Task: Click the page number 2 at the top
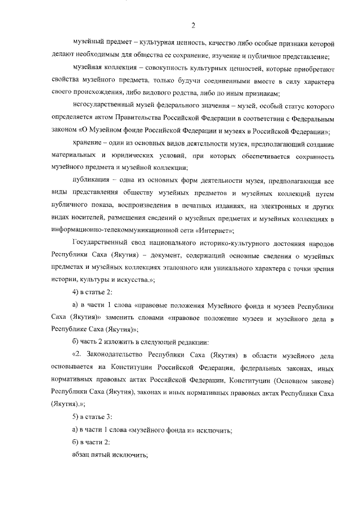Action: [192, 24]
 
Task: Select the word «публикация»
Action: [91, 180]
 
